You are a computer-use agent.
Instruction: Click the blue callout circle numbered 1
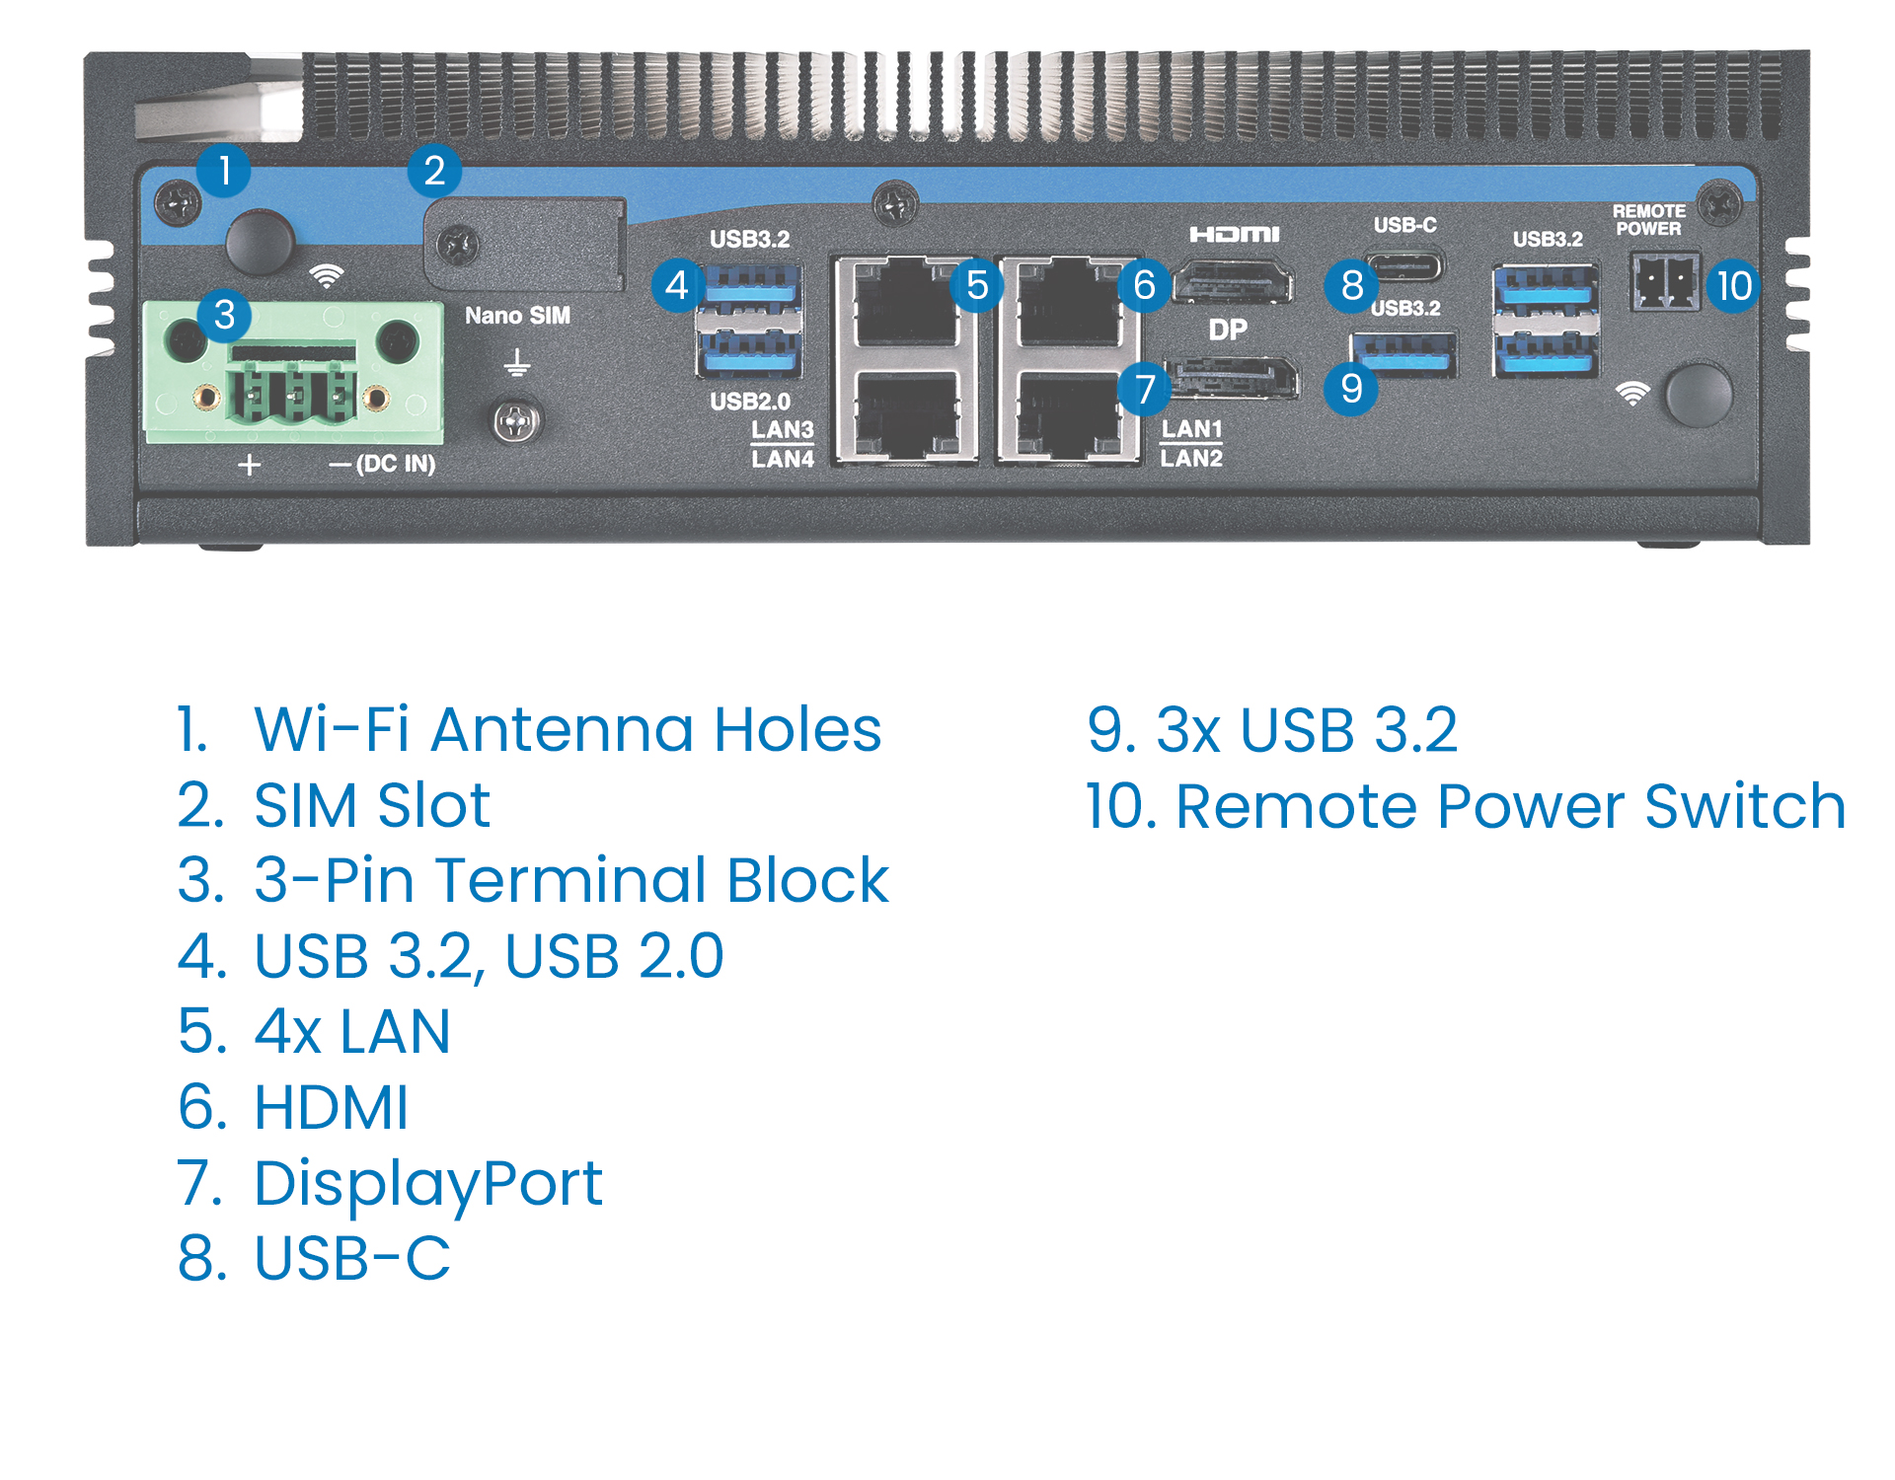point(224,170)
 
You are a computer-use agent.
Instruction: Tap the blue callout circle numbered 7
point(1144,389)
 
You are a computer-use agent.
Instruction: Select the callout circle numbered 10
point(1734,286)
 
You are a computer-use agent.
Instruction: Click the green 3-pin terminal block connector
point(293,373)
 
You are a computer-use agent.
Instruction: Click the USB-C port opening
point(1403,265)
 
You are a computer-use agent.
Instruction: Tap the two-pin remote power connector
point(1665,283)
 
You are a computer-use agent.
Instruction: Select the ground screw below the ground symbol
point(516,422)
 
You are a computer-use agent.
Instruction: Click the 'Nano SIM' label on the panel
point(517,316)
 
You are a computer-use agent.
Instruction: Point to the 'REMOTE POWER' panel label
point(1648,219)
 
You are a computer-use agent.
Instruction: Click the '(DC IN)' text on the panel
point(396,464)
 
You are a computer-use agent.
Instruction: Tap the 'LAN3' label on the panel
point(782,429)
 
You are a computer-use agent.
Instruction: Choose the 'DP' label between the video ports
point(1228,330)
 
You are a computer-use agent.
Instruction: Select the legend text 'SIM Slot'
point(371,805)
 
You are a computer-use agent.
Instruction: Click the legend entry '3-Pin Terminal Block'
point(570,880)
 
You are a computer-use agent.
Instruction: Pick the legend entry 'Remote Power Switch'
point(1509,806)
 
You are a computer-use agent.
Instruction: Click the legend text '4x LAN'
point(351,1032)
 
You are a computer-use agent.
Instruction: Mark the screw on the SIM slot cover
point(458,245)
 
